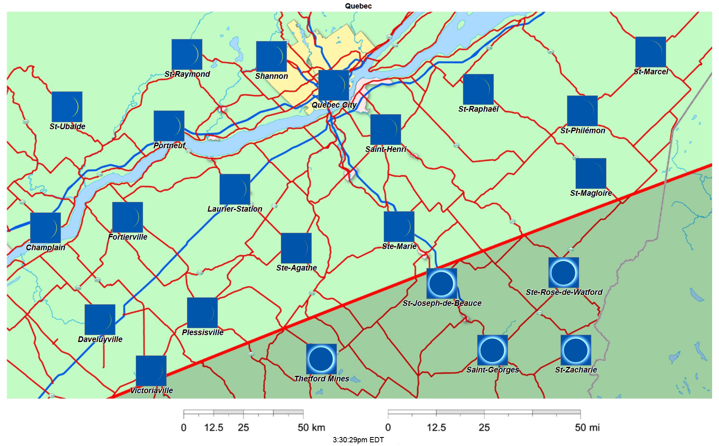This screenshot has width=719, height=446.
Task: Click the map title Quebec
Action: [358, 6]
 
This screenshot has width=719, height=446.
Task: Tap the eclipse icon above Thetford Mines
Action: [321, 359]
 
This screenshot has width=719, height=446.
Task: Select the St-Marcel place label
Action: [651, 72]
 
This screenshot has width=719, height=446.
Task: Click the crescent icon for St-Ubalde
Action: [67, 106]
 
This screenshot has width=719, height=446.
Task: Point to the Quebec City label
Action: [334, 105]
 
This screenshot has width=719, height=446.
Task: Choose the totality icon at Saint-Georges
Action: [492, 350]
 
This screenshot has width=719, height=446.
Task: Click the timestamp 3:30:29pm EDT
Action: [358, 440]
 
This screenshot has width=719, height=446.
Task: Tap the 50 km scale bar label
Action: [311, 427]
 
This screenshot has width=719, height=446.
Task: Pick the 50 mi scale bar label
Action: [587, 427]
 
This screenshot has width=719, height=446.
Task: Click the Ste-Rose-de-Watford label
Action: [564, 292]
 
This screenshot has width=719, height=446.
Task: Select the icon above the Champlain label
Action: [46, 227]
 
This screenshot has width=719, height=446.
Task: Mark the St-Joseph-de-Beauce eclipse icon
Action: [441, 283]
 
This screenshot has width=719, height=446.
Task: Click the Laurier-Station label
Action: [235, 209]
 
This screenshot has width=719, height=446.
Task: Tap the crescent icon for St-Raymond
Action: [187, 54]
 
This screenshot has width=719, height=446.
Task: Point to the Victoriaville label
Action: [151, 390]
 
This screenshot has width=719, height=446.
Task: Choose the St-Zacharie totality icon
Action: [576, 350]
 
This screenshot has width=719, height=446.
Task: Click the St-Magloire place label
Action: [591, 193]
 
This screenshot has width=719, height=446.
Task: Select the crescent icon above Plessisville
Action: [202, 312]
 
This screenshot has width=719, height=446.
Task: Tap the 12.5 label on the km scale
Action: [213, 427]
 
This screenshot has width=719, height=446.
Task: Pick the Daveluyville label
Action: [100, 339]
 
